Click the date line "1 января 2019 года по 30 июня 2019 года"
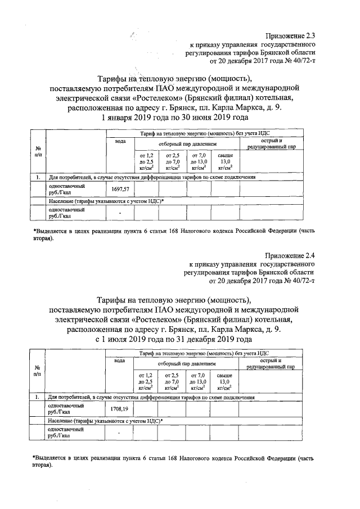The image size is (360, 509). click(174, 118)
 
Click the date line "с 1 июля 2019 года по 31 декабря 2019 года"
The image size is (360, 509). click(174, 340)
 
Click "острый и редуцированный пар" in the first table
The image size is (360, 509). click(271, 142)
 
